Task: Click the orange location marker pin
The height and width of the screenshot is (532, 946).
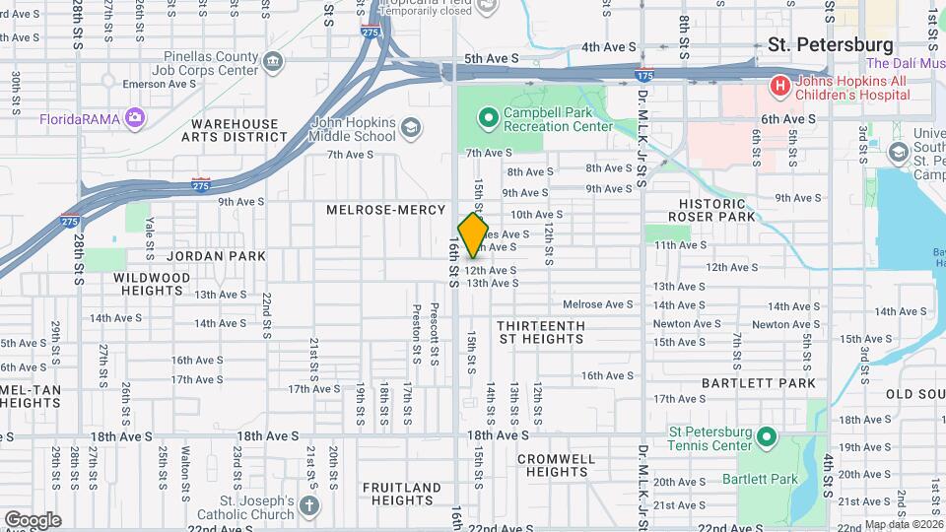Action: point(473,234)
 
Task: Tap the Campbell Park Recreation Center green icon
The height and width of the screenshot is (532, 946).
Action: point(487,120)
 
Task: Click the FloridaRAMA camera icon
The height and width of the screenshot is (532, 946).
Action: point(134,119)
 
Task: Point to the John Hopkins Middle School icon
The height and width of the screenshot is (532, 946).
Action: point(410,128)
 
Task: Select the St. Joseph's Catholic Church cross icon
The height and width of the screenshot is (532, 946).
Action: point(309,506)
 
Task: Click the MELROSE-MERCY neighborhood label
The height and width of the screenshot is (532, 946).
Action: point(380,210)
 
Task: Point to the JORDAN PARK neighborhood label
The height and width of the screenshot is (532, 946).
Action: point(216,256)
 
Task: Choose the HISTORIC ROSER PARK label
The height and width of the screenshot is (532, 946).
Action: point(711,209)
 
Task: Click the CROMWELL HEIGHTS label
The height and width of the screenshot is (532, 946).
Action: point(556,465)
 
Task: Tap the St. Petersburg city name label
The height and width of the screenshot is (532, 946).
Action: point(830,45)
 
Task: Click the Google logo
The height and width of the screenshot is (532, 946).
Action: point(33,519)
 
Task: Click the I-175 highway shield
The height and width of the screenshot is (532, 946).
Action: point(644,75)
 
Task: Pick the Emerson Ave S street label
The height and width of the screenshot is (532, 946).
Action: point(159,85)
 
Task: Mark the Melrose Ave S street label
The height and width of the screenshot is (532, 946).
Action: point(598,304)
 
